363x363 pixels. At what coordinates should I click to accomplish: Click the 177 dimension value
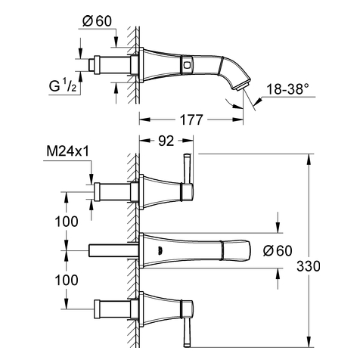point(191,120)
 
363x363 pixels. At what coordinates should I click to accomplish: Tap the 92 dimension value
point(166,141)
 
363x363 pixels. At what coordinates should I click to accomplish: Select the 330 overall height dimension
point(309,266)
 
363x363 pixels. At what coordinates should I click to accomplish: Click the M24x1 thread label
point(68,152)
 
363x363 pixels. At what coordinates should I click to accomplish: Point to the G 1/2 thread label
point(63,85)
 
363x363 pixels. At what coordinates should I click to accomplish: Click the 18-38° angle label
point(287,89)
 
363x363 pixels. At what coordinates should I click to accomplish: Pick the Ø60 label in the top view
point(97,21)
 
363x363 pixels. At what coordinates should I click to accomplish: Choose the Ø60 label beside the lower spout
point(278,251)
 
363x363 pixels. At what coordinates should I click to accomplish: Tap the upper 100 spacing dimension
point(67,222)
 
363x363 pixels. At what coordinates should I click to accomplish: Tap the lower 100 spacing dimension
point(67,280)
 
